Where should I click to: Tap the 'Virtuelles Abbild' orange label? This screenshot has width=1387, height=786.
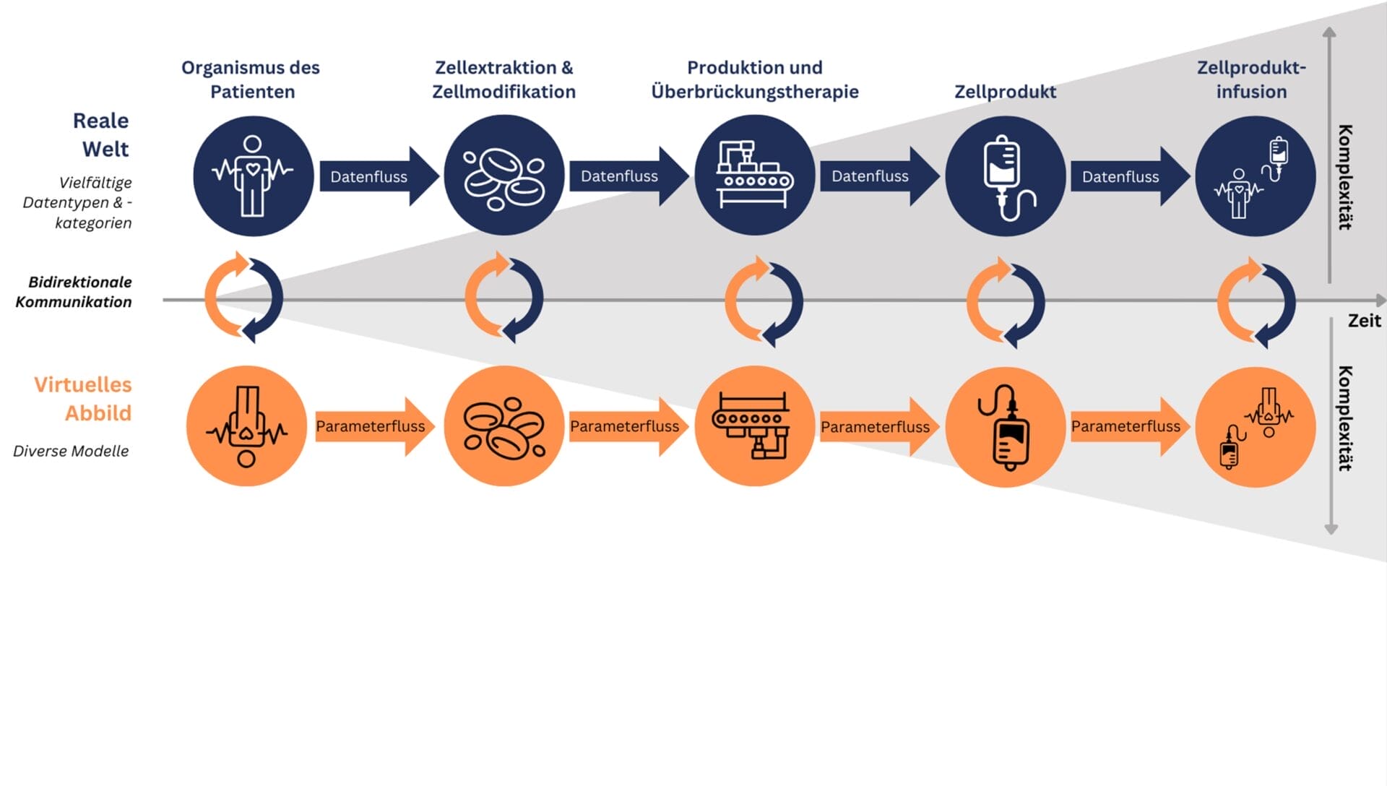[84, 398]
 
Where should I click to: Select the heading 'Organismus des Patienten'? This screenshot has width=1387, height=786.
[251, 79]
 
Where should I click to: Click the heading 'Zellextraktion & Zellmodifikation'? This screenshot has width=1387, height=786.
[504, 79]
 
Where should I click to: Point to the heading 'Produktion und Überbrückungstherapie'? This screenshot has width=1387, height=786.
[755, 79]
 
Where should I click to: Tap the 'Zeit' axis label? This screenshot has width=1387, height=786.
[1364, 321]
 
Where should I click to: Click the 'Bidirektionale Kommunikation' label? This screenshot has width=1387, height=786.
[74, 292]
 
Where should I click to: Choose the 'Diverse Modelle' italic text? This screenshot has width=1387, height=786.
[71, 451]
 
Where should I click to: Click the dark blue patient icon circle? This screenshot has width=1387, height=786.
[253, 176]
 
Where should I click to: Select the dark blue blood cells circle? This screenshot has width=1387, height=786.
[504, 176]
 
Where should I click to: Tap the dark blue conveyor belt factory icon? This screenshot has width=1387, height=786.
[755, 176]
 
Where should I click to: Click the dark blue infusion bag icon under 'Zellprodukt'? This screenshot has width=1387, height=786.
[1006, 176]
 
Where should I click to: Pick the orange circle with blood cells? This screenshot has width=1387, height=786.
[504, 426]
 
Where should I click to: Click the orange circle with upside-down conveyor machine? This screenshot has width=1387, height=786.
[755, 426]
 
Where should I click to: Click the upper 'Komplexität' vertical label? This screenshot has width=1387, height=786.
[1345, 177]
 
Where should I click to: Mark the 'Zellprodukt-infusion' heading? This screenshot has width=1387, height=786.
[1251, 79]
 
